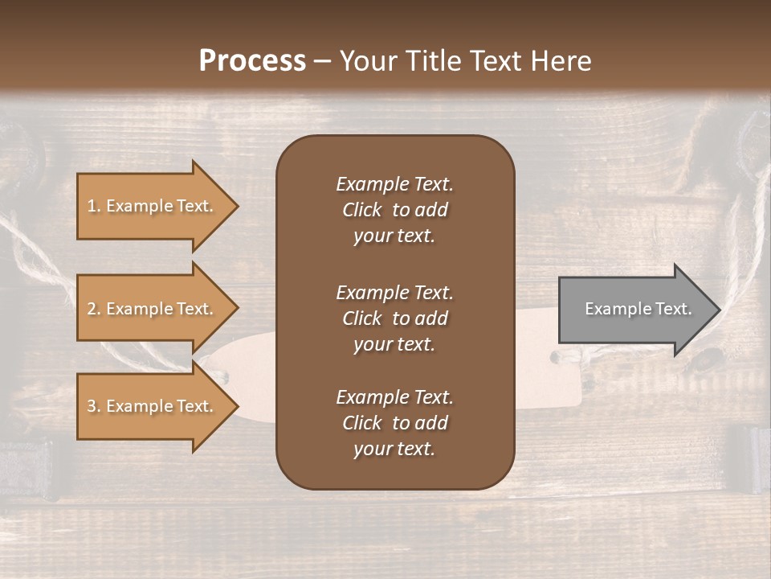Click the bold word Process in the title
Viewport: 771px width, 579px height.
[252, 60]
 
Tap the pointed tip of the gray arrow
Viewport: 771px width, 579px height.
[718, 310]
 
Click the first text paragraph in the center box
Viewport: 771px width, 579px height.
[394, 210]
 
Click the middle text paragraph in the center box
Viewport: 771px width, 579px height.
[394, 318]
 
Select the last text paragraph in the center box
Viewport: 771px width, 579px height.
[394, 423]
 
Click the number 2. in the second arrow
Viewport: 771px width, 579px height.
[94, 309]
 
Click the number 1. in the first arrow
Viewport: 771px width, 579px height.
[94, 206]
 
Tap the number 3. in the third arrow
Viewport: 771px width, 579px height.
[94, 406]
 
